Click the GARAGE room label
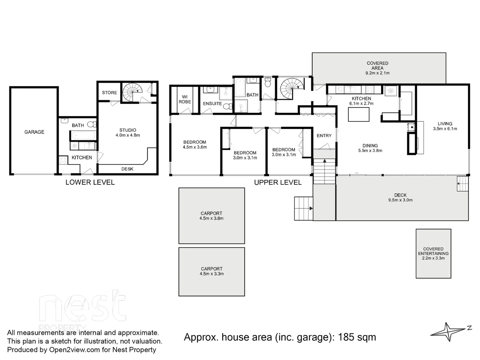point(34,132)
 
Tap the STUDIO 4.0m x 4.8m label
point(128,133)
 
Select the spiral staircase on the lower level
point(132,92)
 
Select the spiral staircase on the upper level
point(291,88)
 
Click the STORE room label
point(109,93)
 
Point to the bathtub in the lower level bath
point(83,136)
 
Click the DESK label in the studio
point(127,169)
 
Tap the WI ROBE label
point(185,99)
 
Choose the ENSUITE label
point(212,104)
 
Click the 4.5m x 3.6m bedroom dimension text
point(195,147)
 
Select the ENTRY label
point(324,136)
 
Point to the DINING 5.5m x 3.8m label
point(370,148)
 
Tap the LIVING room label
point(445,124)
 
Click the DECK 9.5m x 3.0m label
point(400,198)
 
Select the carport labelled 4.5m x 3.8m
point(212,216)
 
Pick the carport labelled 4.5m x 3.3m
point(212,271)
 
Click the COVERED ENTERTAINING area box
point(433,254)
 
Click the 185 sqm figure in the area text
point(357,337)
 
